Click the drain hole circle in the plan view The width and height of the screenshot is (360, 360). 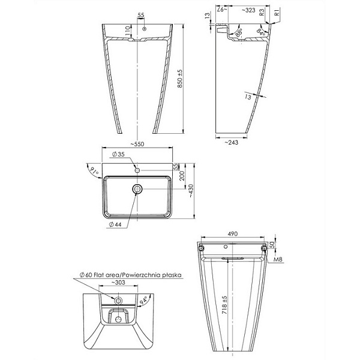click(137, 190)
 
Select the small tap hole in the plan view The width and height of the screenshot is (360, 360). click(137, 171)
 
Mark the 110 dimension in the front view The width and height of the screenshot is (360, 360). click(128, 30)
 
